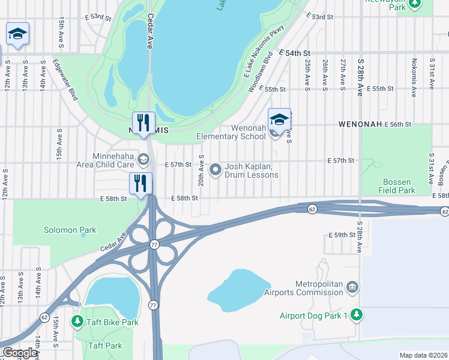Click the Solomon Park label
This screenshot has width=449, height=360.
click(70, 230)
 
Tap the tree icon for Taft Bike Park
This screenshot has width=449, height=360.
click(77, 322)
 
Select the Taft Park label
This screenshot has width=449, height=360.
click(105, 346)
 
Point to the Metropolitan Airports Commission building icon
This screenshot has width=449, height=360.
click(352, 289)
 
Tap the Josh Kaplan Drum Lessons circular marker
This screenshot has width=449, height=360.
click(215, 170)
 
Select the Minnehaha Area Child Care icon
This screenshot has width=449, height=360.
click(143, 159)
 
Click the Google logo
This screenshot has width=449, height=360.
click(20, 353)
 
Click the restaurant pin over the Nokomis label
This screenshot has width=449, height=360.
click(143, 122)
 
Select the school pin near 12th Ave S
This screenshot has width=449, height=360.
click(17, 34)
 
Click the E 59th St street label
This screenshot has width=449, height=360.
click(342, 235)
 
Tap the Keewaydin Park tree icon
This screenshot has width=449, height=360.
click(414, 4)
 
